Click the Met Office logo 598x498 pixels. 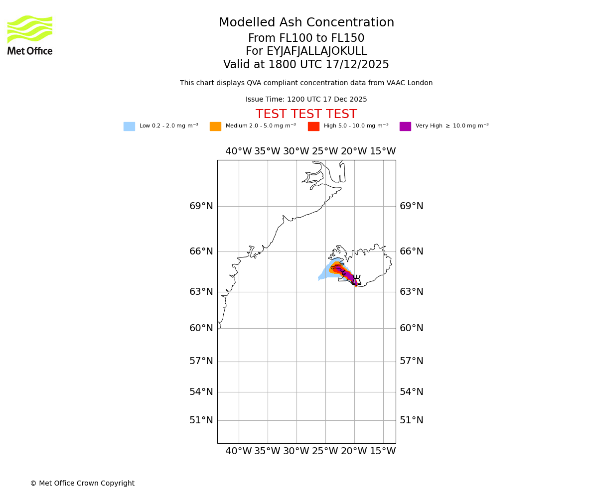pyautogui.click(x=30, y=35)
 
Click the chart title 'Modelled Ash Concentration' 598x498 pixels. pyautogui.click(x=306, y=23)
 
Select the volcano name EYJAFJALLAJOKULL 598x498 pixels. pyautogui.click(x=306, y=51)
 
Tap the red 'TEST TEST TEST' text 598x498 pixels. pyautogui.click(x=306, y=115)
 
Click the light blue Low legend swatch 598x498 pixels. pyautogui.click(x=129, y=126)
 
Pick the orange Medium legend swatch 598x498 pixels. pyautogui.click(x=215, y=126)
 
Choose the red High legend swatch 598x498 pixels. pyautogui.click(x=313, y=126)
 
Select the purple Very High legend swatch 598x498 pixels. pyautogui.click(x=405, y=126)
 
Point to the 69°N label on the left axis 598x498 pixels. pyautogui.click(x=201, y=206)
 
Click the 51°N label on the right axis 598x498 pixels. pyautogui.click(x=412, y=420)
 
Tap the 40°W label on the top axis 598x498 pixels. pyautogui.click(x=239, y=151)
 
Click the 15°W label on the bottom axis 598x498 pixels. pyautogui.click(x=383, y=451)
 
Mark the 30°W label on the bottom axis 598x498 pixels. pyautogui.click(x=297, y=451)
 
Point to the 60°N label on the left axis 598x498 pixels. pyautogui.click(x=201, y=328)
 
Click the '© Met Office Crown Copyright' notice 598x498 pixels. pyautogui.click(x=82, y=484)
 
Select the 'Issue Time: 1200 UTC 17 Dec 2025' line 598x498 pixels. pyautogui.click(x=306, y=100)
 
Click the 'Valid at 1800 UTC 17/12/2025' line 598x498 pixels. pyautogui.click(x=306, y=65)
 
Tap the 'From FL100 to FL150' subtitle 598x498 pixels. pyautogui.click(x=306, y=38)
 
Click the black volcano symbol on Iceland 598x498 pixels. pyautogui.click(x=356, y=280)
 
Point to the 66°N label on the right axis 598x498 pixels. pyautogui.click(x=412, y=251)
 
